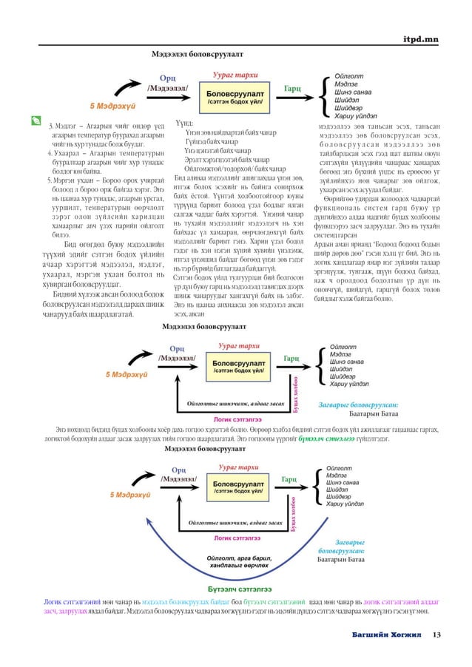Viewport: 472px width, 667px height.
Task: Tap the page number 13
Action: [437, 634]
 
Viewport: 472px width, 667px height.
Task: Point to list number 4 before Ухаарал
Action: [49, 154]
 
